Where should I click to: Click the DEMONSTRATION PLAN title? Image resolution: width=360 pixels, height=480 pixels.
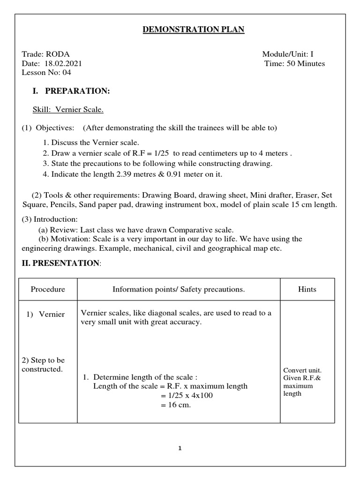click(x=193, y=30)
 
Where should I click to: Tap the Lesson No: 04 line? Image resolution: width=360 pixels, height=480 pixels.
click(x=46, y=72)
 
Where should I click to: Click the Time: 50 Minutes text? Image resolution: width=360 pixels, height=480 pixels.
click(x=294, y=63)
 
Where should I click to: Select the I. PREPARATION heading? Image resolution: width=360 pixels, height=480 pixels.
click(x=71, y=91)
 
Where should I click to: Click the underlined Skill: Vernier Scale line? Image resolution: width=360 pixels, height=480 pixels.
click(x=67, y=110)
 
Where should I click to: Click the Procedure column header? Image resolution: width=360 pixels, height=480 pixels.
click(x=48, y=289)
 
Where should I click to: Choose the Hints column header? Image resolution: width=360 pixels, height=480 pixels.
click(x=307, y=289)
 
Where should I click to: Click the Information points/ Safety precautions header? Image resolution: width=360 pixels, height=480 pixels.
click(x=179, y=289)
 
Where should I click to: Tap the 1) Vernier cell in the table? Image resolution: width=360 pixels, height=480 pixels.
click(x=45, y=314)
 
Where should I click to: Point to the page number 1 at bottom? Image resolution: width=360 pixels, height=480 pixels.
click(x=180, y=448)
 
